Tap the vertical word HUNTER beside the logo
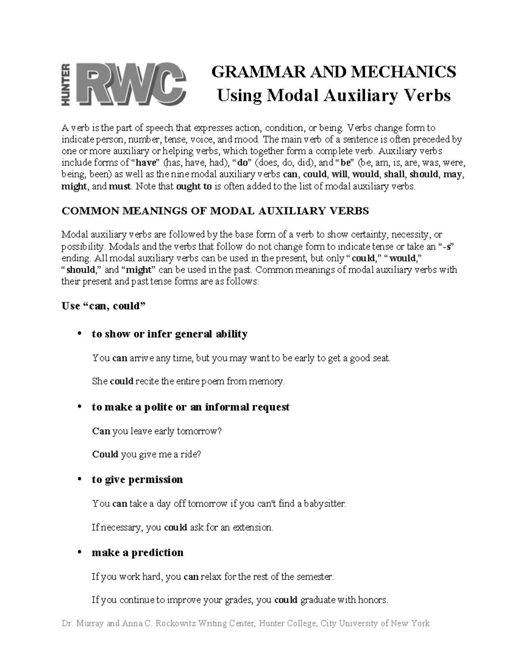click(66, 84)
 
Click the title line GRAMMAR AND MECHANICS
click(333, 72)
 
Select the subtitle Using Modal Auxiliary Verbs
click(333, 95)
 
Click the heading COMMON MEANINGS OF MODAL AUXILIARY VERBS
click(215, 211)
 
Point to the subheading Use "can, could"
click(104, 306)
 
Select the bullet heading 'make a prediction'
click(137, 553)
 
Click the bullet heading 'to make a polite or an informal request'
click(190, 407)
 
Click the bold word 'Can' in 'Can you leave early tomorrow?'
click(101, 431)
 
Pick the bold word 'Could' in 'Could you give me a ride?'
click(105, 454)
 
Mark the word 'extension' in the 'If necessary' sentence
click(253, 527)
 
